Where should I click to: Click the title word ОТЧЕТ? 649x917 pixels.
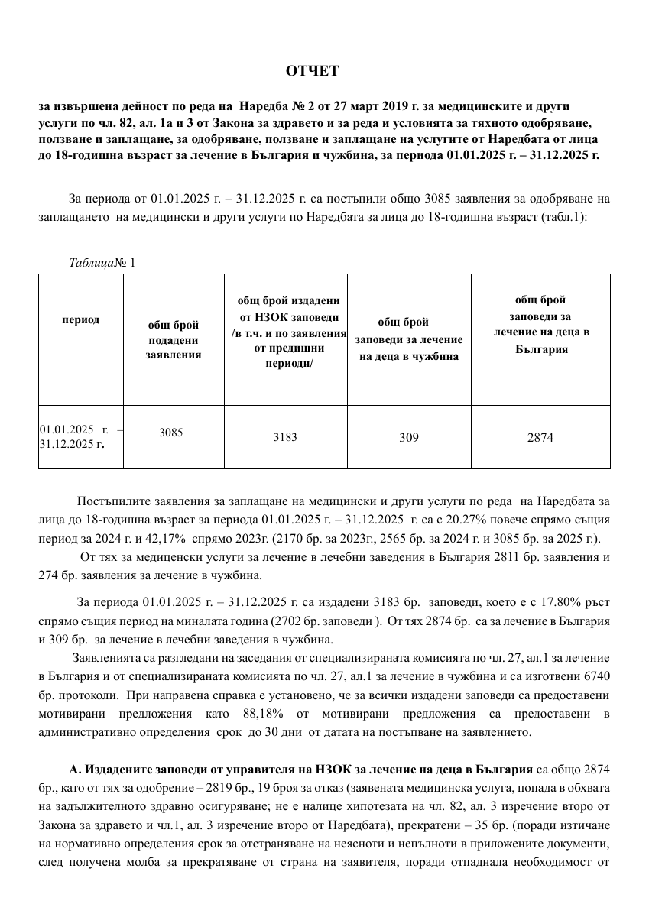pos(312,71)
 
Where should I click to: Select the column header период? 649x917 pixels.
pos(80,319)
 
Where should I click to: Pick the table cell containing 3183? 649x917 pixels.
pos(285,437)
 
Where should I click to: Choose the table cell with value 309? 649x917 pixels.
pos(409,437)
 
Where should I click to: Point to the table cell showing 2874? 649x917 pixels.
pos(540,437)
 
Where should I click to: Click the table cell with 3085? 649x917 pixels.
pos(171,432)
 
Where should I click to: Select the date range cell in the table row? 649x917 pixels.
pos(80,436)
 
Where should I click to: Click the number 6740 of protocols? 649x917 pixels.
pos(596,676)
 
